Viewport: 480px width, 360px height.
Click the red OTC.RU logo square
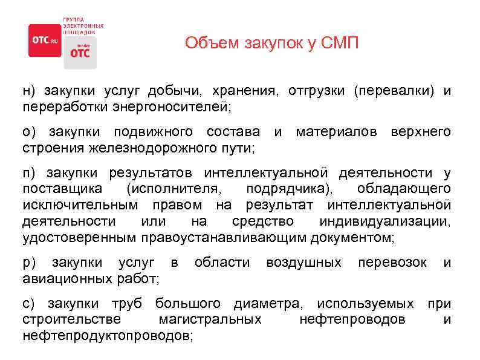coord(45,40)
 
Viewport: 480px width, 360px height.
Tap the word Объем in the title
coord(209,44)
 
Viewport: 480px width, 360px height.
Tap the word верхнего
coord(420,131)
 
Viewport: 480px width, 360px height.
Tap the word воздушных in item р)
coord(303,263)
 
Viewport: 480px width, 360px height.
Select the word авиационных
coord(66,278)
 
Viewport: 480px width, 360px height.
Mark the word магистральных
coord(209,319)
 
